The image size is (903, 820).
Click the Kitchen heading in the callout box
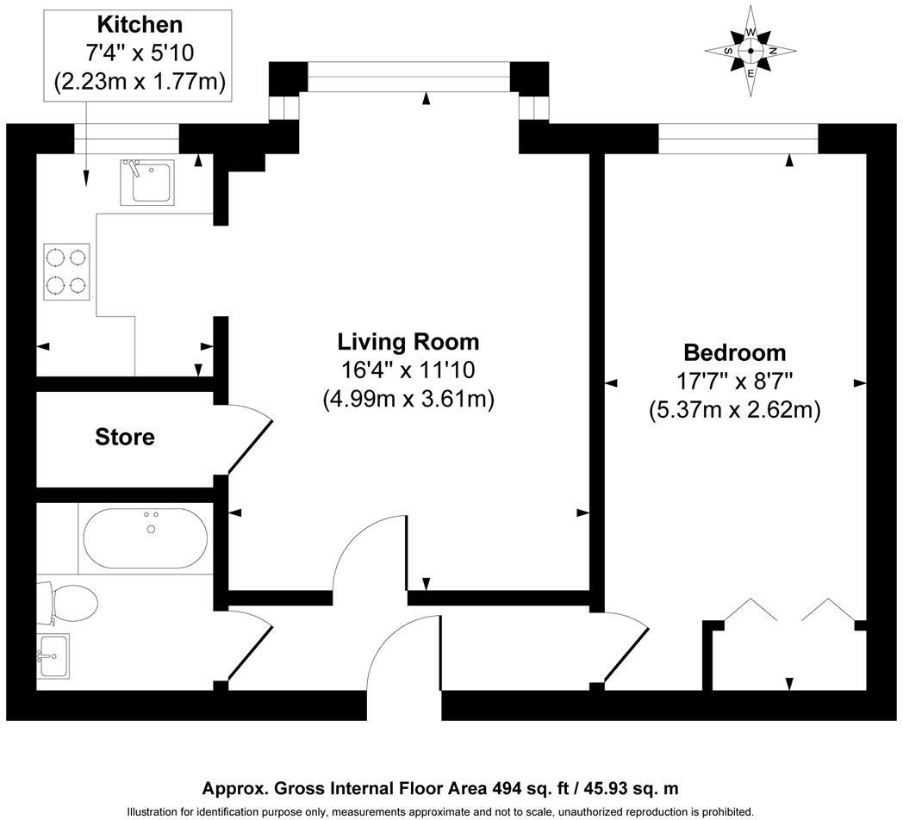point(140,25)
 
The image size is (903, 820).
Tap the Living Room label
point(408,342)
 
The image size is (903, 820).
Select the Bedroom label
point(735,352)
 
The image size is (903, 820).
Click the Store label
point(125,437)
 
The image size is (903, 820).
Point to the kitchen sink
point(147,183)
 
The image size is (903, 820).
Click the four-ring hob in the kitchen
point(67,271)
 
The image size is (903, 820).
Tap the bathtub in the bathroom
point(146,538)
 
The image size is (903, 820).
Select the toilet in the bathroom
point(67,604)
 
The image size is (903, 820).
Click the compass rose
point(751,51)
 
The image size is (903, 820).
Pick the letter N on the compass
point(774,51)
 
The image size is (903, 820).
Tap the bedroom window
point(738,139)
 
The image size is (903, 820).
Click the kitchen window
point(127,139)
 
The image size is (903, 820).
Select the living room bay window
point(409,78)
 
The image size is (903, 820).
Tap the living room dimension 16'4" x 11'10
point(408,370)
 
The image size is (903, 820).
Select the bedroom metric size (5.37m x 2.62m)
point(735,410)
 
